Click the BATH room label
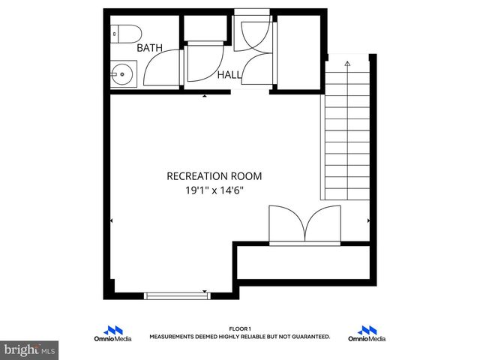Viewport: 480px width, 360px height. pyautogui.click(x=149, y=48)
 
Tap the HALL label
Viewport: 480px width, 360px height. pyautogui.click(x=229, y=75)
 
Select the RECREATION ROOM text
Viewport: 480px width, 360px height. pyautogui.click(x=214, y=176)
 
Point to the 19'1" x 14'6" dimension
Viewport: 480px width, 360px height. pyautogui.click(x=214, y=190)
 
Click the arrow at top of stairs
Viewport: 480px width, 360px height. pyautogui.click(x=347, y=65)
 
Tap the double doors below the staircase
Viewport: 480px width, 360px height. pyautogui.click(x=304, y=223)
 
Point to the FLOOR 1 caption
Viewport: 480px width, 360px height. pyautogui.click(x=239, y=328)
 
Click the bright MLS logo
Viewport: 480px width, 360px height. pyautogui.click(x=30, y=349)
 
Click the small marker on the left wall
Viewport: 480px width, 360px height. pyautogui.click(x=112, y=220)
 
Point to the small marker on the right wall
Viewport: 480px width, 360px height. pyautogui.click(x=368, y=220)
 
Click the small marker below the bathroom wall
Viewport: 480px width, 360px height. pyautogui.click(x=205, y=96)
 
